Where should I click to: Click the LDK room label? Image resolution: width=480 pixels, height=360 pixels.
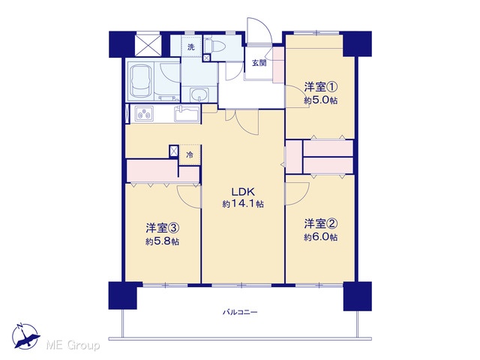pos(243,192)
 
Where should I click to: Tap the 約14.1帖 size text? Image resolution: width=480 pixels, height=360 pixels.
pos(243,204)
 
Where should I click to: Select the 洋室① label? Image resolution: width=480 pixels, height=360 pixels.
pos(320,88)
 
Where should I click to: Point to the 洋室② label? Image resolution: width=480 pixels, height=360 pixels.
pos(320,224)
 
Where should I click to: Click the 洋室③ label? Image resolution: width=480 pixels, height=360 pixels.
pos(162,228)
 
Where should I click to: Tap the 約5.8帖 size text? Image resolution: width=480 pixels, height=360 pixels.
pos(162,241)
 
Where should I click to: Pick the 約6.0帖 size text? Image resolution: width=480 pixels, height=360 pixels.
pos(321,237)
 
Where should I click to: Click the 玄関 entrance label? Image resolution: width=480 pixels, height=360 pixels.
pos(259,63)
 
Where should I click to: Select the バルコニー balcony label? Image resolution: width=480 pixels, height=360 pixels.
pos(240,313)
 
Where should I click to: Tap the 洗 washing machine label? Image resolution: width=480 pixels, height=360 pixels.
pos(191,47)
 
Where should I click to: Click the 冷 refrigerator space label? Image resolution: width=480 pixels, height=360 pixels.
pos(190,155)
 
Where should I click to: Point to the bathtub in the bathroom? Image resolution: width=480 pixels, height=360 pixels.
pos(141,80)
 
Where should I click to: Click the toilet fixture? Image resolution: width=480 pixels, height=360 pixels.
pos(215,46)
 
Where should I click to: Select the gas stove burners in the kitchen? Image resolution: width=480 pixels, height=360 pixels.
pos(145,114)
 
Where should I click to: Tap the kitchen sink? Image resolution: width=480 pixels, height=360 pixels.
pos(186,114)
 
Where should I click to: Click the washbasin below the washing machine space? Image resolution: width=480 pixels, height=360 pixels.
pos(199,94)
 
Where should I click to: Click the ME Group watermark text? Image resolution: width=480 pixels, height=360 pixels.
pos(73,346)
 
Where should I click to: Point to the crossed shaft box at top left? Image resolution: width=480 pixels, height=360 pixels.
pos(148,45)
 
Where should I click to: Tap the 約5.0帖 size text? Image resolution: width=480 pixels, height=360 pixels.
pos(321,100)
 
